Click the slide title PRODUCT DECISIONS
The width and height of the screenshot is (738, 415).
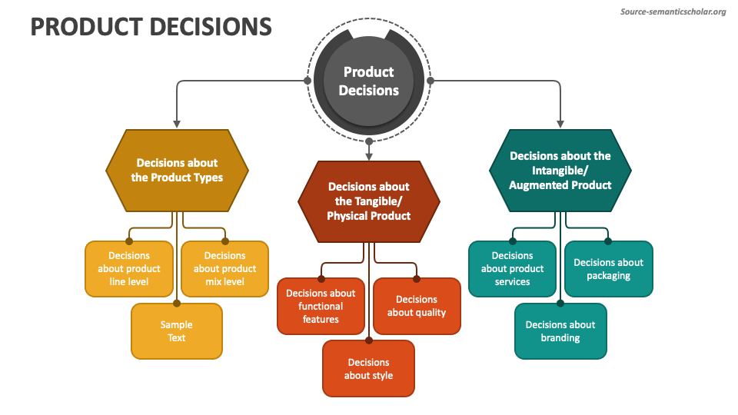click(x=151, y=27)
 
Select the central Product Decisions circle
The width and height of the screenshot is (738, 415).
click(x=369, y=81)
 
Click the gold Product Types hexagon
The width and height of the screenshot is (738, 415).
click(x=177, y=170)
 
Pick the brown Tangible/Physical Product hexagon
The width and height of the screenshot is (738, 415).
click(x=369, y=201)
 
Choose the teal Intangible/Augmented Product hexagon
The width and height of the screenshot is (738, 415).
click(x=560, y=170)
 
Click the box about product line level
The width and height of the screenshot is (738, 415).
click(x=129, y=268)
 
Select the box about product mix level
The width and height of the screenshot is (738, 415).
click(x=224, y=268)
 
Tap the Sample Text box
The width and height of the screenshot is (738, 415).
click(x=177, y=331)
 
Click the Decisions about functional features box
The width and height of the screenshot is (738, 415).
click(x=321, y=306)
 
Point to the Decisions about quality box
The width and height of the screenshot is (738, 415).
click(x=417, y=306)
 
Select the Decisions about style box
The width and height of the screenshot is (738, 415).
click(x=368, y=369)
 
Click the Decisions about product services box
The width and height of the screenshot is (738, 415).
click(x=512, y=268)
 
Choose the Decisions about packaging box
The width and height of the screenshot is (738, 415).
click(x=608, y=268)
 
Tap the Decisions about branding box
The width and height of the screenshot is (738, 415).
click(x=560, y=331)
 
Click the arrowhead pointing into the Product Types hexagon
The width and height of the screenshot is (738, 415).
click(x=177, y=123)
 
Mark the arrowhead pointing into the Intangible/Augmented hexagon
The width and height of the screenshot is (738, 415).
click(x=560, y=123)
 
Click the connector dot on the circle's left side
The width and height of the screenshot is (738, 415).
click(x=307, y=80)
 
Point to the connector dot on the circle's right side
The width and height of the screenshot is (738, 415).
click(x=430, y=80)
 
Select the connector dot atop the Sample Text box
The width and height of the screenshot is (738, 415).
click(x=177, y=304)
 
